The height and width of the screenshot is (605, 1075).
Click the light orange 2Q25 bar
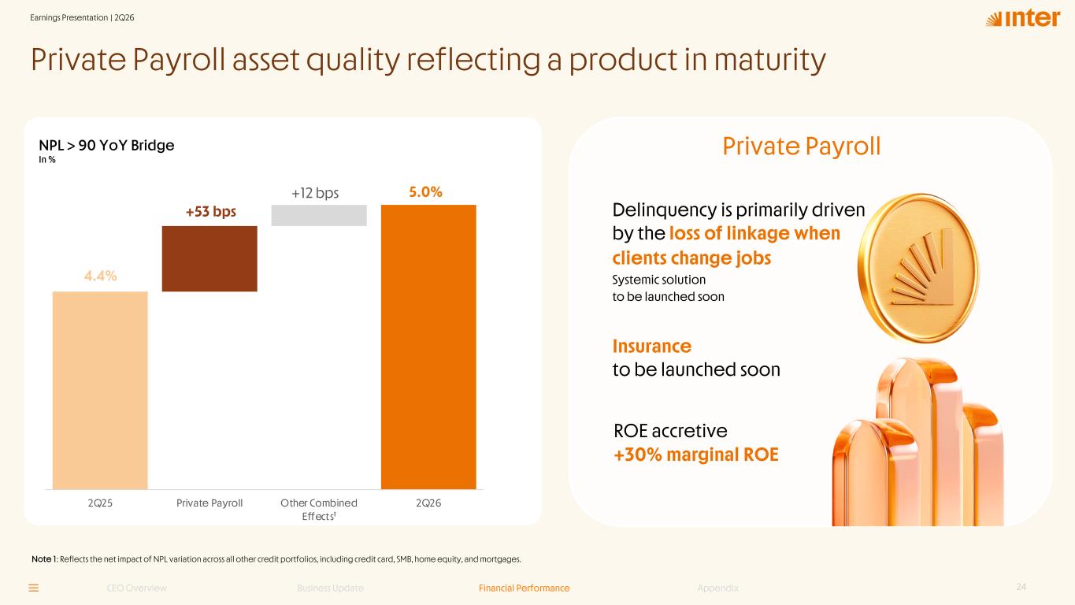[100, 391]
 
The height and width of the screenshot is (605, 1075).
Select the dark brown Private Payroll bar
[209, 259]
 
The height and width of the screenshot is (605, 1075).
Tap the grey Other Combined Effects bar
[319, 215]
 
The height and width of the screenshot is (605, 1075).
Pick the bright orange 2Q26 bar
[428, 347]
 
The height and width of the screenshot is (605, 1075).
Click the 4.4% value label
[100, 276]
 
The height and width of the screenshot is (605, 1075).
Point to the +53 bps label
[211, 211]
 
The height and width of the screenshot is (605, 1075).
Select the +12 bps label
[315, 193]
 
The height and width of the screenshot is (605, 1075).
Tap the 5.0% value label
[425, 192]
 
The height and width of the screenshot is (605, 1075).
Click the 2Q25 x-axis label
[100, 503]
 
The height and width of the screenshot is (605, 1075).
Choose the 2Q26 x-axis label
[428, 503]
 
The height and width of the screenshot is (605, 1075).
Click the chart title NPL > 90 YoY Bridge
[106, 145]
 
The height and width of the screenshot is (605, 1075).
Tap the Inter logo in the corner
[1022, 19]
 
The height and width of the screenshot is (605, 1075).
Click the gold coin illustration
[918, 268]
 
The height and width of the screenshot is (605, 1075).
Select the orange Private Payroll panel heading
[802, 147]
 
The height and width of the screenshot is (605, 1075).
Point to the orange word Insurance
[652, 346]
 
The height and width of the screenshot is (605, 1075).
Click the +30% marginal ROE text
[696, 455]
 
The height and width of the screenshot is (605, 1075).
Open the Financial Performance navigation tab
[524, 588]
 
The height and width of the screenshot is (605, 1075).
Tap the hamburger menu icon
[34, 588]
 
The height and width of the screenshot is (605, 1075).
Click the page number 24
[1021, 587]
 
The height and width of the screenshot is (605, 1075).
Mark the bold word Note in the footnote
[41, 559]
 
